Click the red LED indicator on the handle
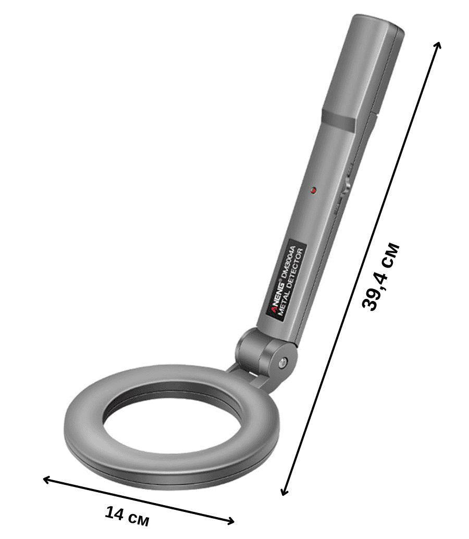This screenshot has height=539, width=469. click(x=313, y=190)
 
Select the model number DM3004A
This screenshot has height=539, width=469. click(x=288, y=261)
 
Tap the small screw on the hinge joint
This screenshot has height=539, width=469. click(x=283, y=361)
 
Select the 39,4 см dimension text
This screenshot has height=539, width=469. click(x=381, y=277)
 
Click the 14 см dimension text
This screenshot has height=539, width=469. click(x=127, y=516)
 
